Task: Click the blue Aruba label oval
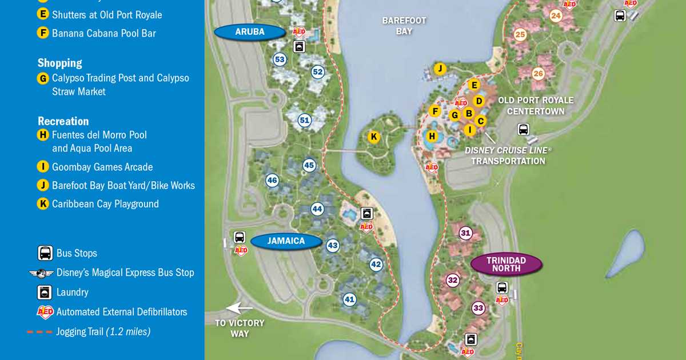[250, 32]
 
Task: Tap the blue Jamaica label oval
[286, 241]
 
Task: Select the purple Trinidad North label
[506, 264]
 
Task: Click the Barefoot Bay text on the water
[404, 26]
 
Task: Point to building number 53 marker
[280, 59]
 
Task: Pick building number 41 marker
[349, 299]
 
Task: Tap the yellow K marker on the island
[373, 137]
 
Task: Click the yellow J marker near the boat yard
[440, 69]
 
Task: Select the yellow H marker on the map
[432, 136]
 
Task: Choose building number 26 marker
[538, 74]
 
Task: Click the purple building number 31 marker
[466, 233]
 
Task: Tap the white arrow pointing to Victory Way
[240, 309]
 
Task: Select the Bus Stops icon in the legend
[45, 253]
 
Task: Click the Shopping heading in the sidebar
[60, 63]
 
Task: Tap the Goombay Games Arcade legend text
[102, 167]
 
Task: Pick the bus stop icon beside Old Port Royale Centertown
[523, 129]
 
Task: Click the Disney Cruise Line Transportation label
[508, 155]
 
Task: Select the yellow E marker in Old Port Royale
[473, 85]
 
